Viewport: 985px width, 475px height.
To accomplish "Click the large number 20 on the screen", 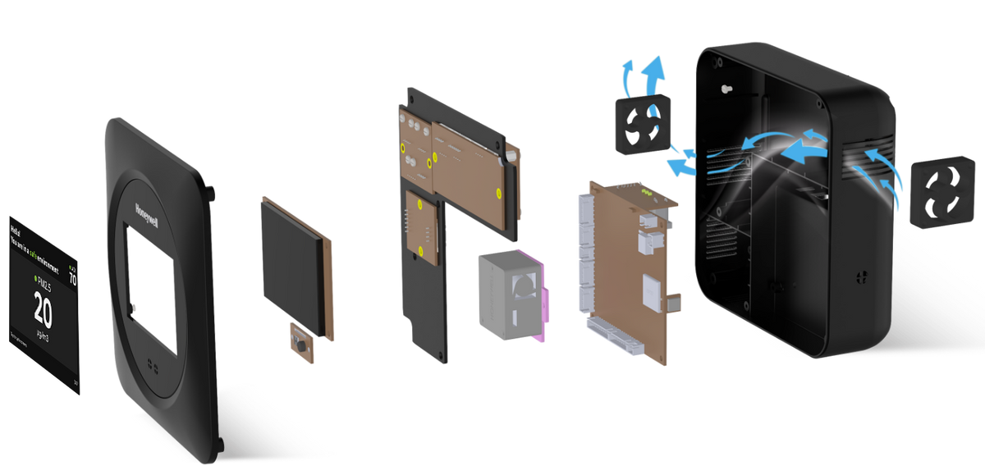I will tap(44, 313).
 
